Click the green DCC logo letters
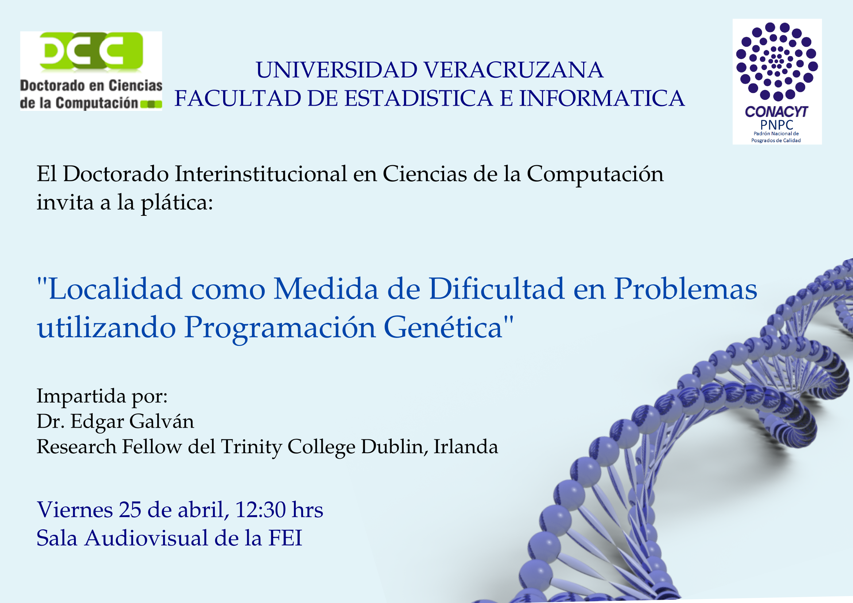coord(91,51)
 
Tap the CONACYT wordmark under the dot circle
coord(776,112)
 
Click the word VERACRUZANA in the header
coord(513,70)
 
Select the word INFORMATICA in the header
coord(601,98)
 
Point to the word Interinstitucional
coord(261,174)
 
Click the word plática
coord(177,203)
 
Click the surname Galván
coord(162,421)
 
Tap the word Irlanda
coord(466,446)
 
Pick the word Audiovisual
coord(146,538)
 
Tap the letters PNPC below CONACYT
coord(776,125)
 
